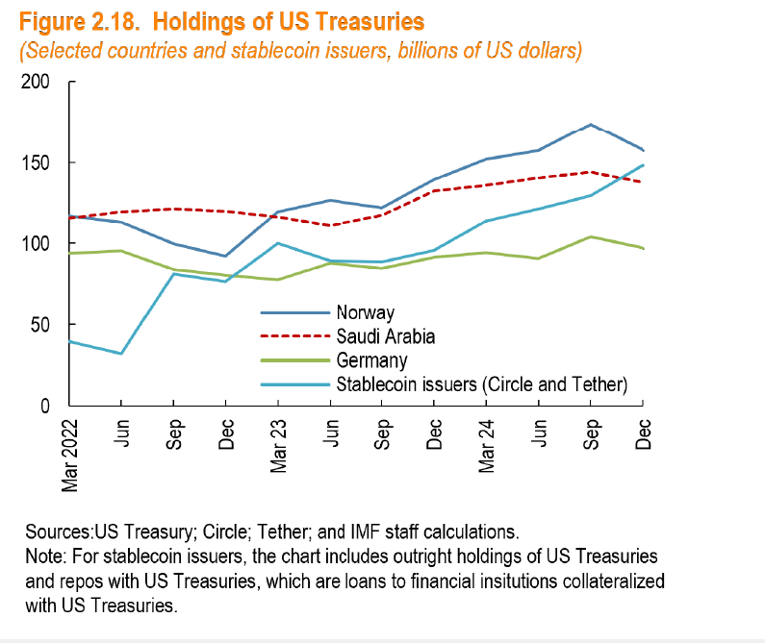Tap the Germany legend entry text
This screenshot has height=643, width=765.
pyautogui.click(x=371, y=360)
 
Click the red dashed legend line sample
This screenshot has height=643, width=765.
pyautogui.click(x=294, y=336)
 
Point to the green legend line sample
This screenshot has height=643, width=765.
pyautogui.click(x=294, y=360)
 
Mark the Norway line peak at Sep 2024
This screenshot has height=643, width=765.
pyautogui.click(x=590, y=125)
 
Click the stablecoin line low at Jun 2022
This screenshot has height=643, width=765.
pyautogui.click(x=120, y=354)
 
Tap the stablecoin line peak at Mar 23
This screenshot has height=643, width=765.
pyautogui.click(x=277, y=243)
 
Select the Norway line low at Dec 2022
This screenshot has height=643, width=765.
pyautogui.click(x=225, y=256)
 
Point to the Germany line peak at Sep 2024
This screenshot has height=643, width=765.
pyautogui.click(x=590, y=236)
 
